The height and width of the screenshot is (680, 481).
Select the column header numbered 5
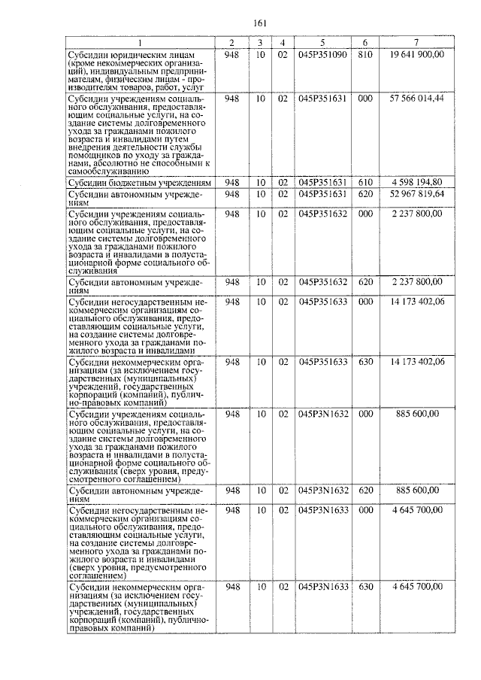tap(322, 43)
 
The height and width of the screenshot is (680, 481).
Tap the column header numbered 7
tap(416, 43)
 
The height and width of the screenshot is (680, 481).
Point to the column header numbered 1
tap(138, 43)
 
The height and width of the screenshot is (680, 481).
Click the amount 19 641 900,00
tap(416, 55)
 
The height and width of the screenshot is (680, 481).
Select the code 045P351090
tap(322, 55)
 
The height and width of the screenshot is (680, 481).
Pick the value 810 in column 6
tap(365, 55)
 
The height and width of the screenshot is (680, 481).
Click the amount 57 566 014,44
tap(416, 99)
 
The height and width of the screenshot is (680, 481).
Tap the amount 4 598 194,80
tap(416, 183)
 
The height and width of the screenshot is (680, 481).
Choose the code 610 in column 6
tap(365, 183)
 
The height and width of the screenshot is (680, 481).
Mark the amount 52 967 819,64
tap(416, 195)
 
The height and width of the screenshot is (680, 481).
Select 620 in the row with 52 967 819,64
tap(365, 195)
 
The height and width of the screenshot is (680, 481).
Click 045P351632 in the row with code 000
tap(322, 214)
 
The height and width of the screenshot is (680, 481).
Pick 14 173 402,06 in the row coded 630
tap(416, 362)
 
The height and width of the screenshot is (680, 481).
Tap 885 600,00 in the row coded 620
tap(416, 490)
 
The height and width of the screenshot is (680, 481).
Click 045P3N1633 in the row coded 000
tap(322, 510)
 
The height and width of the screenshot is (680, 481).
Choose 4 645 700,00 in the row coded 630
tap(416, 585)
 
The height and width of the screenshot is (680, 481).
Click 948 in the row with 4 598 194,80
tap(232, 183)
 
